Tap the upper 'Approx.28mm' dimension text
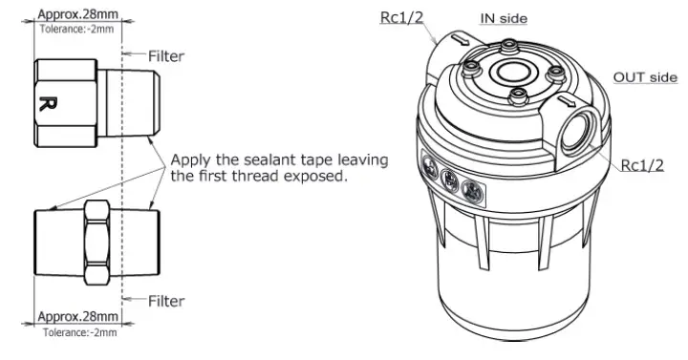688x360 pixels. [x=78, y=15]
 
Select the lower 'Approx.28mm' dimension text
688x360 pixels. [x=78, y=316]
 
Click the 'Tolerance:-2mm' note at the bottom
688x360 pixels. [x=78, y=331]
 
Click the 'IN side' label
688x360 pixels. [x=504, y=18]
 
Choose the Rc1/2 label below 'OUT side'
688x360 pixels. [x=642, y=165]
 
